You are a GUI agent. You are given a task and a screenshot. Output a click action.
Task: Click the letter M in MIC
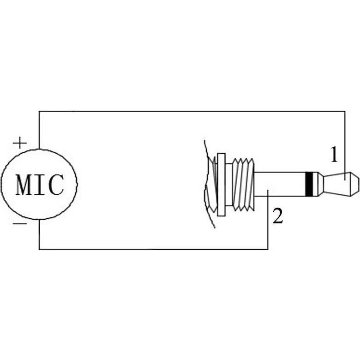coord(24,185)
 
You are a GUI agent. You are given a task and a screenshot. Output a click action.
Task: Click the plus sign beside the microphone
coord(19,143)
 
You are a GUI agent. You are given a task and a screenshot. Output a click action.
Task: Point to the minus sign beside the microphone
coord(19,224)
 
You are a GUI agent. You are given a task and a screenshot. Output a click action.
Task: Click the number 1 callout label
coord(334,155)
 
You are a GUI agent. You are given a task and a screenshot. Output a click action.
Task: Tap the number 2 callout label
coord(277,216)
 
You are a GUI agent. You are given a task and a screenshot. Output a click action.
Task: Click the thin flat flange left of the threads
coord(221,183)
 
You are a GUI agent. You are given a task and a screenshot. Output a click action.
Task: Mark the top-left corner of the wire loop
coord(39,111)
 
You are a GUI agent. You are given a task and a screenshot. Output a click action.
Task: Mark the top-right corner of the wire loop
coord(345,111)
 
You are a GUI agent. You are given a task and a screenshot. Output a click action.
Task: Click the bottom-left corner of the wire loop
coord(39,249)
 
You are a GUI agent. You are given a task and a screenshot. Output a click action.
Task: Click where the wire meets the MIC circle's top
coord(39,149)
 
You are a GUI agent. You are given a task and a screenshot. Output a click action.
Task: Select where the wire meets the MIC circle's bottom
coord(39,220)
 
